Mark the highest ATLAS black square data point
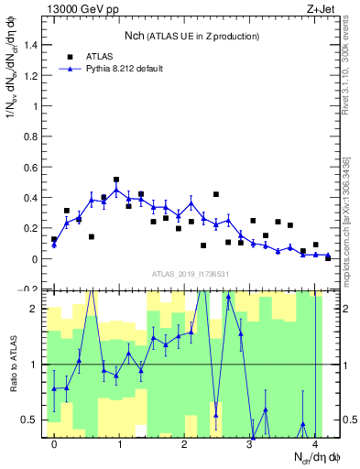(116, 180)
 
